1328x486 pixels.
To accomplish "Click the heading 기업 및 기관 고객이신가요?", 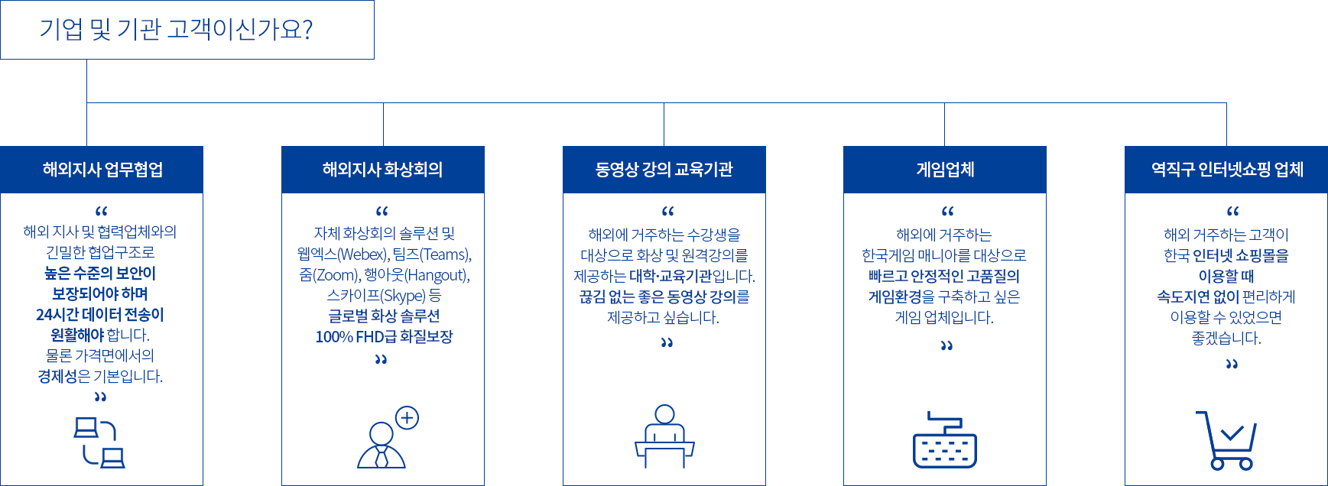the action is (176, 30).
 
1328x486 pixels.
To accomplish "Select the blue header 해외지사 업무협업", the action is (102, 170).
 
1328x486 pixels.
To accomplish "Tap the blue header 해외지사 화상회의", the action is (383, 170).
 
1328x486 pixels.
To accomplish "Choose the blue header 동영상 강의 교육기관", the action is (664, 170).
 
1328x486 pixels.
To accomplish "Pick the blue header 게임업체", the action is (945, 170).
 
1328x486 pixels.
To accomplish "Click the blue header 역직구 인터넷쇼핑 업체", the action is (1226, 170).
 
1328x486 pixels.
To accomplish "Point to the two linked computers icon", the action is (99, 442).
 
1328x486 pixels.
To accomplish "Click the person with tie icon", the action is (381, 446).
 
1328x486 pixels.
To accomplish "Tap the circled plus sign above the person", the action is (407, 418).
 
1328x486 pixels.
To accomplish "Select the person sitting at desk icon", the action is (664, 436).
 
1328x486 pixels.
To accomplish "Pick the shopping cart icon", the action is (1226, 440).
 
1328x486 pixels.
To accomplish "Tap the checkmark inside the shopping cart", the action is (1232, 433).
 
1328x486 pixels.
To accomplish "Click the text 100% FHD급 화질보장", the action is (384, 337).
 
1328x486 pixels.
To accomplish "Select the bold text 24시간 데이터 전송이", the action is (100, 315).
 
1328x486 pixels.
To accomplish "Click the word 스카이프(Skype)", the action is (376, 296).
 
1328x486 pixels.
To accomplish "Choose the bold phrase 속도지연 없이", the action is (1198, 296).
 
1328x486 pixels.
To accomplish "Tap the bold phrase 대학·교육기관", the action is (670, 276).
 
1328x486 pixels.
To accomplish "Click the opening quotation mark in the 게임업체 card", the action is (947, 211).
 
